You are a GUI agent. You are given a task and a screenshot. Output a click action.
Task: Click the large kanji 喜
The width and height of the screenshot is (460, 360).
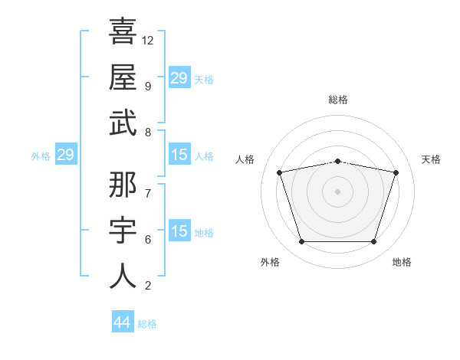click(123, 31)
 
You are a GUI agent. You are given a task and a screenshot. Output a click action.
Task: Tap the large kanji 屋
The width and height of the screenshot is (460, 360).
click(123, 77)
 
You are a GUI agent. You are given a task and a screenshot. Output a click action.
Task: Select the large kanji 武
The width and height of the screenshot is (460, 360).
click(123, 123)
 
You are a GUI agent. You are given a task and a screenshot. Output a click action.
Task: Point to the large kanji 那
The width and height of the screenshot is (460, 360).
click(123, 185)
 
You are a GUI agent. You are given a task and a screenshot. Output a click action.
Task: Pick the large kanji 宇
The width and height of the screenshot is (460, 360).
click(123, 230)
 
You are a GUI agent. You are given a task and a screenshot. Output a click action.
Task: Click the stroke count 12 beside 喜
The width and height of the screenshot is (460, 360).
click(147, 41)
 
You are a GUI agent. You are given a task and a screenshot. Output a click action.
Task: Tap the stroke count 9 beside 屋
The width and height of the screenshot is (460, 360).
click(148, 87)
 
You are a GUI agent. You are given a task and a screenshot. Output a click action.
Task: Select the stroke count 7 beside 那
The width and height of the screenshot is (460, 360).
click(148, 194)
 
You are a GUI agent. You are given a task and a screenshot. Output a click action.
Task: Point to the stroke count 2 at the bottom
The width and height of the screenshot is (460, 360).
click(148, 286)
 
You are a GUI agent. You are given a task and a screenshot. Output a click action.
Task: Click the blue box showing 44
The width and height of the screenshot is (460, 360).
click(123, 321)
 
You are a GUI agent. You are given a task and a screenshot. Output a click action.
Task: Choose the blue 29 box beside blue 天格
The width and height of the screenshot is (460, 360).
click(179, 77)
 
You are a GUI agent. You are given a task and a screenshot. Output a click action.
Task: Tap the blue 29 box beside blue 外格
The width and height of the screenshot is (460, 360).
click(66, 154)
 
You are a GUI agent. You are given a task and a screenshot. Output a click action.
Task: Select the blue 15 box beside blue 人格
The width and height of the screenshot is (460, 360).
click(179, 154)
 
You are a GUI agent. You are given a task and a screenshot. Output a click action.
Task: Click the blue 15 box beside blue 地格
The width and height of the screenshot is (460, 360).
click(179, 230)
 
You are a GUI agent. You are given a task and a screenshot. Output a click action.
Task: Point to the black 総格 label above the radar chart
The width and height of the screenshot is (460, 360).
click(338, 100)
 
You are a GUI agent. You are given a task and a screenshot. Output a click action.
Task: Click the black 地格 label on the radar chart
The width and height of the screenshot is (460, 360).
click(402, 262)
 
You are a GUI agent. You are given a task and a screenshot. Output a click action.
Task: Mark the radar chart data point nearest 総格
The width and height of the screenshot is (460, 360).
click(338, 162)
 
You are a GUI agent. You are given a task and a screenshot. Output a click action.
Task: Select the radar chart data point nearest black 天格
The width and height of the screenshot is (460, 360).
click(396, 172)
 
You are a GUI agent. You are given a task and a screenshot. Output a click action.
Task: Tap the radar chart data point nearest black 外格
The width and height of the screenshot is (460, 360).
click(302, 241)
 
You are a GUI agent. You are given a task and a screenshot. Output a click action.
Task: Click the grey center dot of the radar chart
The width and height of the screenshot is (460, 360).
click(337, 191)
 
